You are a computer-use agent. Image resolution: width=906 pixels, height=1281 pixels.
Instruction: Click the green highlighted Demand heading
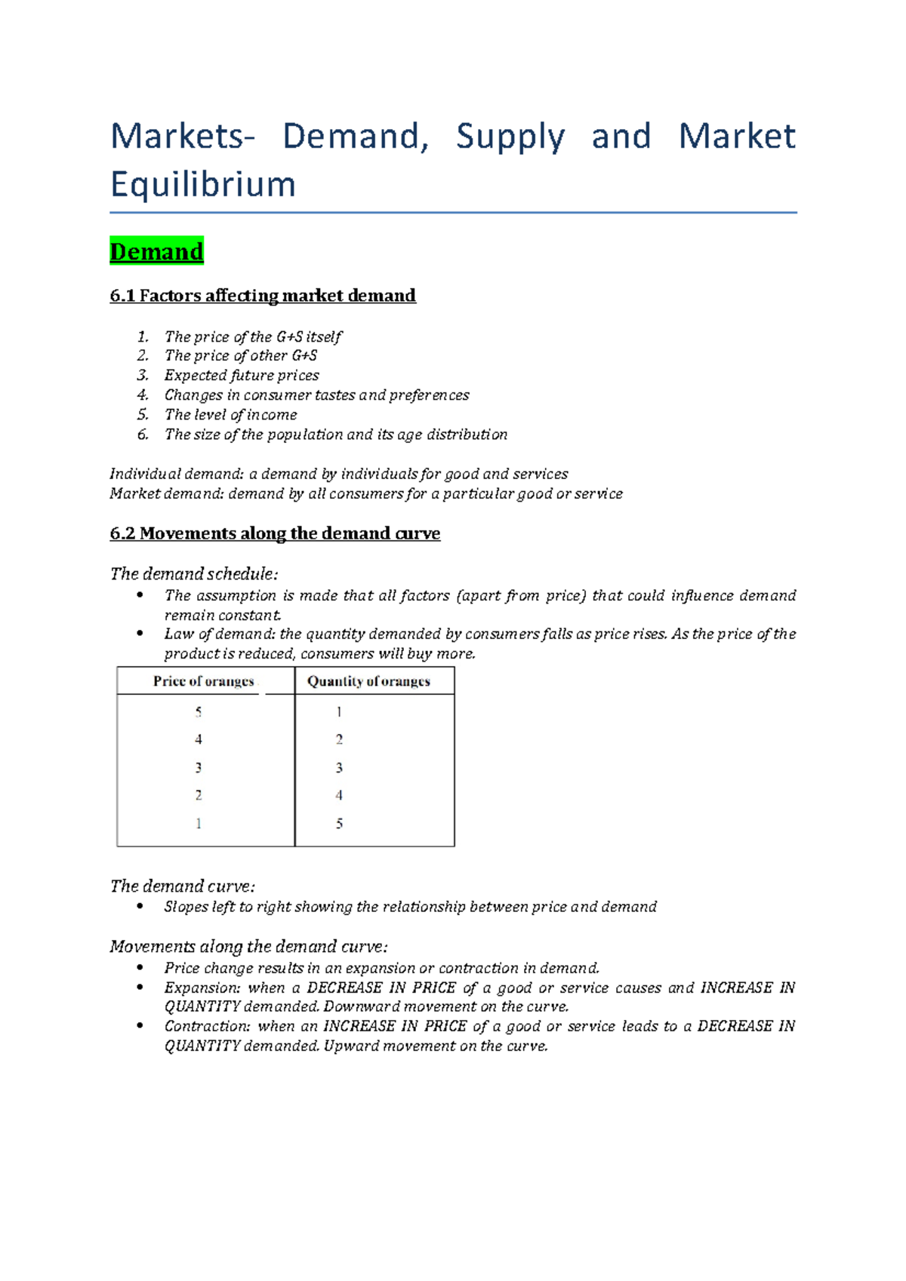coord(156,251)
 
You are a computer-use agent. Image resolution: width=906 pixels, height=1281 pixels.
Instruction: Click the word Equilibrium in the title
coord(202,184)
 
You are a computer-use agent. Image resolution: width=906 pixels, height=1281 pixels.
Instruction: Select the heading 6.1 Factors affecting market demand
coord(263,296)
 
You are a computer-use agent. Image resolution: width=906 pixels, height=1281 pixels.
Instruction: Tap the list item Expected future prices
coord(242,376)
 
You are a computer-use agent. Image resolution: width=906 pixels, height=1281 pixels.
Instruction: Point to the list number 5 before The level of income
coord(143,415)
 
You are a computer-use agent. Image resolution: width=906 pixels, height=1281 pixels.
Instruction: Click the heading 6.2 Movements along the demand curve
coord(275,533)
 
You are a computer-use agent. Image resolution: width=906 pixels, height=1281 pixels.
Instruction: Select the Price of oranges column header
coord(204,681)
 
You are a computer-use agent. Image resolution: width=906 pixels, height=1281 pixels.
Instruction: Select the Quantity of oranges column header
coord(368,681)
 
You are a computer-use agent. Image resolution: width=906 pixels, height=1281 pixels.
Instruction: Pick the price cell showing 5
coord(199,712)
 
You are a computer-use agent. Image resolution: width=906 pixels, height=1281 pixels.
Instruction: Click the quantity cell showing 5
coord(339,824)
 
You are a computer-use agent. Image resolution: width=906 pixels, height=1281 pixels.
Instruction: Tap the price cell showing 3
coord(199,768)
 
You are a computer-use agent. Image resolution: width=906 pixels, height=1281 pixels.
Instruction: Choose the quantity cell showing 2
coord(339,740)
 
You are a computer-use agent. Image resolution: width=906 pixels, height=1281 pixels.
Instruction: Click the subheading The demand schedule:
coord(194,574)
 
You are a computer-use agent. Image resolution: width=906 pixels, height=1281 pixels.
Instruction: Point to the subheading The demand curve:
coord(183,886)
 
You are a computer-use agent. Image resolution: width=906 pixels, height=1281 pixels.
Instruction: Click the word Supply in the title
coord(510,137)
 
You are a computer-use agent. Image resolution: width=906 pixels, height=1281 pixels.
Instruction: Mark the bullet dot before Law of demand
coord(140,634)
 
